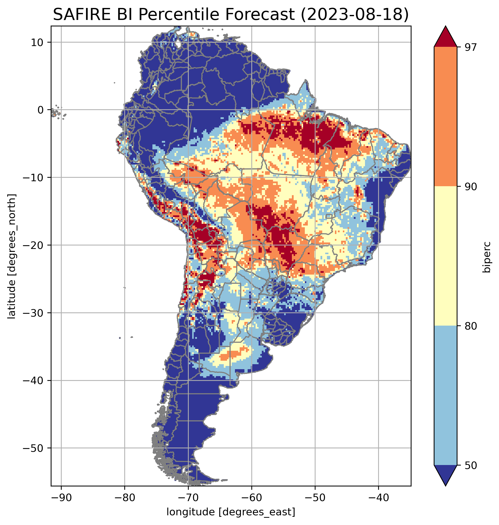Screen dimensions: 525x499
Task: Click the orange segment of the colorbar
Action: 445,117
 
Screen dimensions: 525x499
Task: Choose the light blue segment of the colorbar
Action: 445,396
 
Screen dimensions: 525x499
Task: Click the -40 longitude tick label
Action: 378,497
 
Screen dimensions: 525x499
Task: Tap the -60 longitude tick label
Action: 251,497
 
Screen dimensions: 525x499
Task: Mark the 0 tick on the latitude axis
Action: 41,110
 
